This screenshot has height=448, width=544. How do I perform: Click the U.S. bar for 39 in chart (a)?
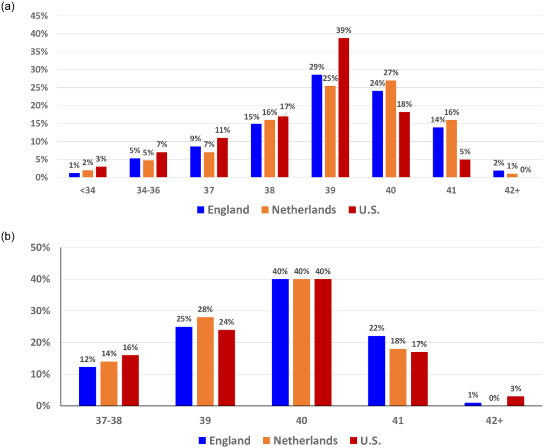pyautogui.click(x=343, y=108)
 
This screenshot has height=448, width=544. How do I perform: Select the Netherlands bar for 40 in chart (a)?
pyautogui.click(x=390, y=129)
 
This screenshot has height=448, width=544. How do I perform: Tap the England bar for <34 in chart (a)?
pyautogui.click(x=74, y=175)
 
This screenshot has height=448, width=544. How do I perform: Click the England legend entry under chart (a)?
pyautogui.click(x=223, y=210)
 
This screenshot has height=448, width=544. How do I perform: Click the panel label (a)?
pyautogui.click(x=9, y=8)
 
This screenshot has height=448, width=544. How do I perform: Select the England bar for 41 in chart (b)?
pyautogui.click(x=376, y=371)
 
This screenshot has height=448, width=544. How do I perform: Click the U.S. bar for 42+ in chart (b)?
pyautogui.click(x=515, y=401)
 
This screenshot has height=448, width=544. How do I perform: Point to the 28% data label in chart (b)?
pyautogui.click(x=205, y=309)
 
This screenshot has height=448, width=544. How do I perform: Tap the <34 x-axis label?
pyautogui.click(x=88, y=190)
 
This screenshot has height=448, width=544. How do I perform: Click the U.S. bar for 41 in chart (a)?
pyautogui.click(x=465, y=168)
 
